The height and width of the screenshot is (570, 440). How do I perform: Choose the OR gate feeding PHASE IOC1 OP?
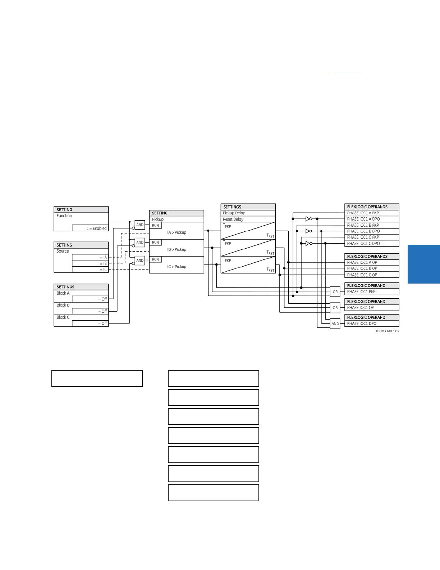tap(335, 308)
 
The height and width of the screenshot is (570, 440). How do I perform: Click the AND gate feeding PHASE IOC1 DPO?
tap(335, 324)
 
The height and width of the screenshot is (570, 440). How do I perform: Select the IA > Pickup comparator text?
tap(177, 232)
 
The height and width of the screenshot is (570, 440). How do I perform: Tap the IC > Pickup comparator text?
tap(177, 267)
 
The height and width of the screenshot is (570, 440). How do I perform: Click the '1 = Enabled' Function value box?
tap(90, 228)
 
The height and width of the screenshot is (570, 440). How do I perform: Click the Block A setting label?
tap(63, 293)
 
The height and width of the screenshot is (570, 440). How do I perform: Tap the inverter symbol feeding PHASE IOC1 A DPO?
tap(308, 219)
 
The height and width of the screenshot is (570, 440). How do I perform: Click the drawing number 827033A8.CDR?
tap(388, 331)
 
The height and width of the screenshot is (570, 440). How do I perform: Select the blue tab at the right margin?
tap(424, 264)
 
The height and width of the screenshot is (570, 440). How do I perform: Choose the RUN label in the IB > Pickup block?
tap(156, 243)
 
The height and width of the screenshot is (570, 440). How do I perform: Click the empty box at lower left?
tap(97, 378)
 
